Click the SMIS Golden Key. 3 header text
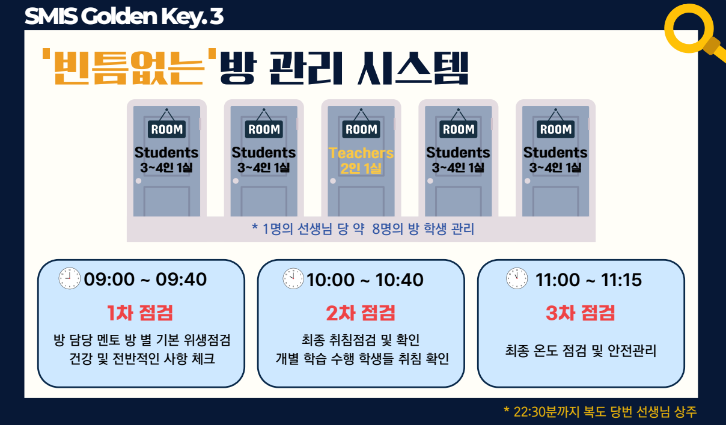coord(124,16)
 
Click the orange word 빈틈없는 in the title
coord(129,67)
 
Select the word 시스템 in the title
coord(413,69)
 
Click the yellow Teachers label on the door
coord(361,153)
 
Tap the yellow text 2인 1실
coord(361,168)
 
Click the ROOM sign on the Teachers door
coord(361,129)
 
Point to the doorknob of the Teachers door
coord(333,181)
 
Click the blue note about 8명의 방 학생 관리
coord(363,229)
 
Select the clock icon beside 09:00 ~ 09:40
coord(69,278)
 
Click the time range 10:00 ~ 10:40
coord(365,280)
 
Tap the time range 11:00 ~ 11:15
coord(588,280)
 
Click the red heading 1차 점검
coord(140,313)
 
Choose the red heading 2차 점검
coord(361,313)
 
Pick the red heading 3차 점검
coord(580,313)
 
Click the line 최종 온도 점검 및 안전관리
coord(581,350)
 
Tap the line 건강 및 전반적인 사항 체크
coord(142,358)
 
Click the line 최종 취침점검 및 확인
coord(361,340)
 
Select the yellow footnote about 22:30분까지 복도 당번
coord(600,412)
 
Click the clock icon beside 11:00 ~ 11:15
coord(517,278)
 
